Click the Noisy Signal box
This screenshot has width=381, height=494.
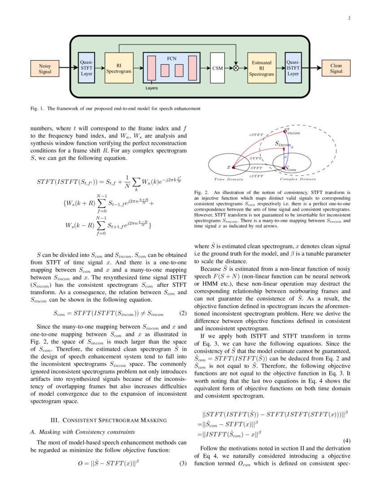click(x=45, y=68)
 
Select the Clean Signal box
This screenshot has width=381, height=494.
click(x=336, y=68)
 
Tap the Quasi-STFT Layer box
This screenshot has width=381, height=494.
click(x=87, y=68)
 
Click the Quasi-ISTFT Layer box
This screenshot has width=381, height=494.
click(x=293, y=68)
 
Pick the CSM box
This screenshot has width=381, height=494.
click(x=217, y=68)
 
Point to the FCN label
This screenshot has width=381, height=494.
click(x=172, y=59)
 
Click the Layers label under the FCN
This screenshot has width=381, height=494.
click(x=152, y=88)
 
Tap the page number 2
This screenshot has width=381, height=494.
click(x=349, y=18)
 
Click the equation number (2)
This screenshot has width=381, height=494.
click(x=182, y=313)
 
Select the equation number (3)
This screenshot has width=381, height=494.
click(x=182, y=463)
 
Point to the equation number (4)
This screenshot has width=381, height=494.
click(x=346, y=441)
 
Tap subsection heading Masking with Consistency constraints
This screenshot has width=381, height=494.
click(x=82, y=432)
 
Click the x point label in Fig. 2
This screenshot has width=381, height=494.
click(x=229, y=167)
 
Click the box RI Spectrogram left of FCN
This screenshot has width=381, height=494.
click(x=119, y=68)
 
